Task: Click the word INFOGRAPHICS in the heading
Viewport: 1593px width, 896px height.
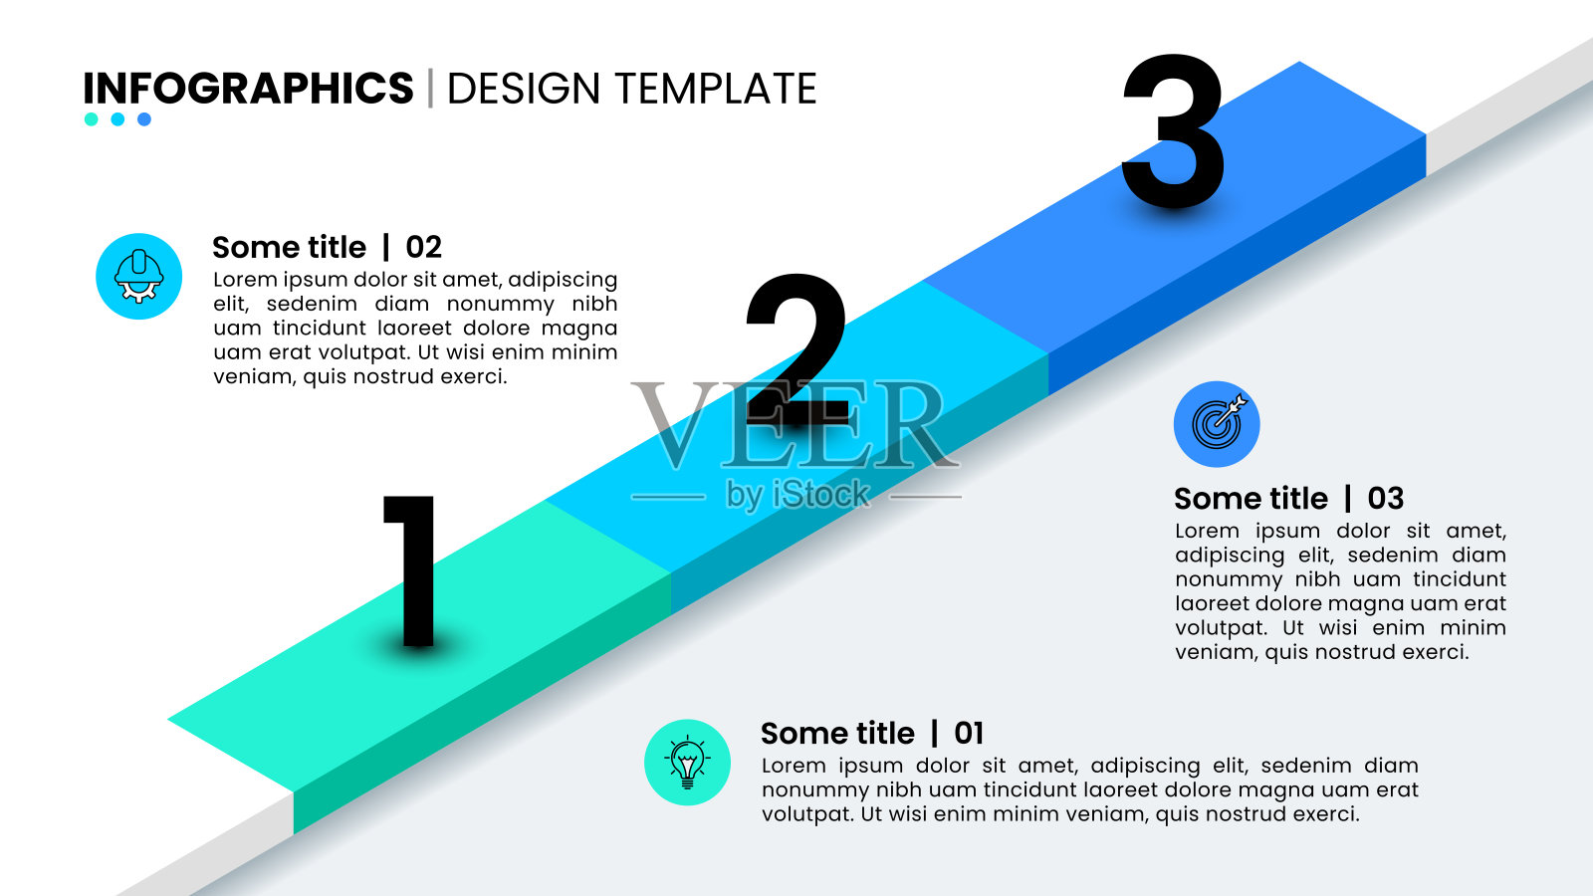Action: pyautogui.click(x=248, y=89)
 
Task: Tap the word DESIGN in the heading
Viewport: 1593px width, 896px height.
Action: pyautogui.click(x=524, y=89)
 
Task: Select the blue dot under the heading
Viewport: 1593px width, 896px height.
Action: pyautogui.click(x=144, y=119)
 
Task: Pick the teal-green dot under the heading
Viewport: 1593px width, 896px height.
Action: pyautogui.click(x=91, y=119)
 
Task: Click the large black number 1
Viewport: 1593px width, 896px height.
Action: pyautogui.click(x=412, y=570)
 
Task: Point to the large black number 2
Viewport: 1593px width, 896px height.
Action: pyautogui.click(x=796, y=348)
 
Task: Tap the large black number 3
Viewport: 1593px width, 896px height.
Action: pyautogui.click(x=1174, y=130)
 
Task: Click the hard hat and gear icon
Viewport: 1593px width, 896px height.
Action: pyautogui.click(x=138, y=276)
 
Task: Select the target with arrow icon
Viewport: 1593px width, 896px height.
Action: pyautogui.click(x=1216, y=424)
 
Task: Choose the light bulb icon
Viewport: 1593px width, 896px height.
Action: pyautogui.click(x=687, y=763)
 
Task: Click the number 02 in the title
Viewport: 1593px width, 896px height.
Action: pyautogui.click(x=424, y=248)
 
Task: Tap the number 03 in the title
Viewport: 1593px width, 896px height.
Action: pyautogui.click(x=1385, y=499)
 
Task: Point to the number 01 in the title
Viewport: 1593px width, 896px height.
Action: pyautogui.click(x=969, y=733)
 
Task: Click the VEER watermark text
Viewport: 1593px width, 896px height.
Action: pyautogui.click(x=796, y=424)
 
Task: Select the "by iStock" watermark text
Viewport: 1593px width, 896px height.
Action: pyautogui.click(x=797, y=495)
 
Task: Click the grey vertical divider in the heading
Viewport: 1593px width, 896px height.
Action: pyautogui.click(x=430, y=89)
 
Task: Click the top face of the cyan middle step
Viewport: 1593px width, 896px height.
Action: pyautogui.click(x=796, y=427)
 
